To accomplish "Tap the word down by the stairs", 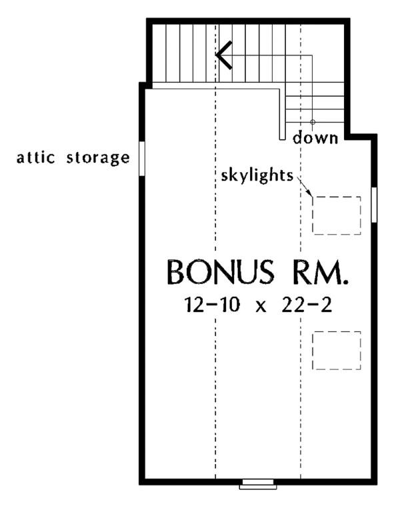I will coord(317,139).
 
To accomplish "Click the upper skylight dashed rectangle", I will coord(337,215).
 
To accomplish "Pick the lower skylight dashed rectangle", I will coord(337,350).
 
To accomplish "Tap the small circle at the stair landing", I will coord(313,122).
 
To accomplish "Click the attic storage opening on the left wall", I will coord(141,158).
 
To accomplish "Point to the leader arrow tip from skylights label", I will coord(312,195).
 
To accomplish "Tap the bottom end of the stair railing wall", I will coord(283,139).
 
